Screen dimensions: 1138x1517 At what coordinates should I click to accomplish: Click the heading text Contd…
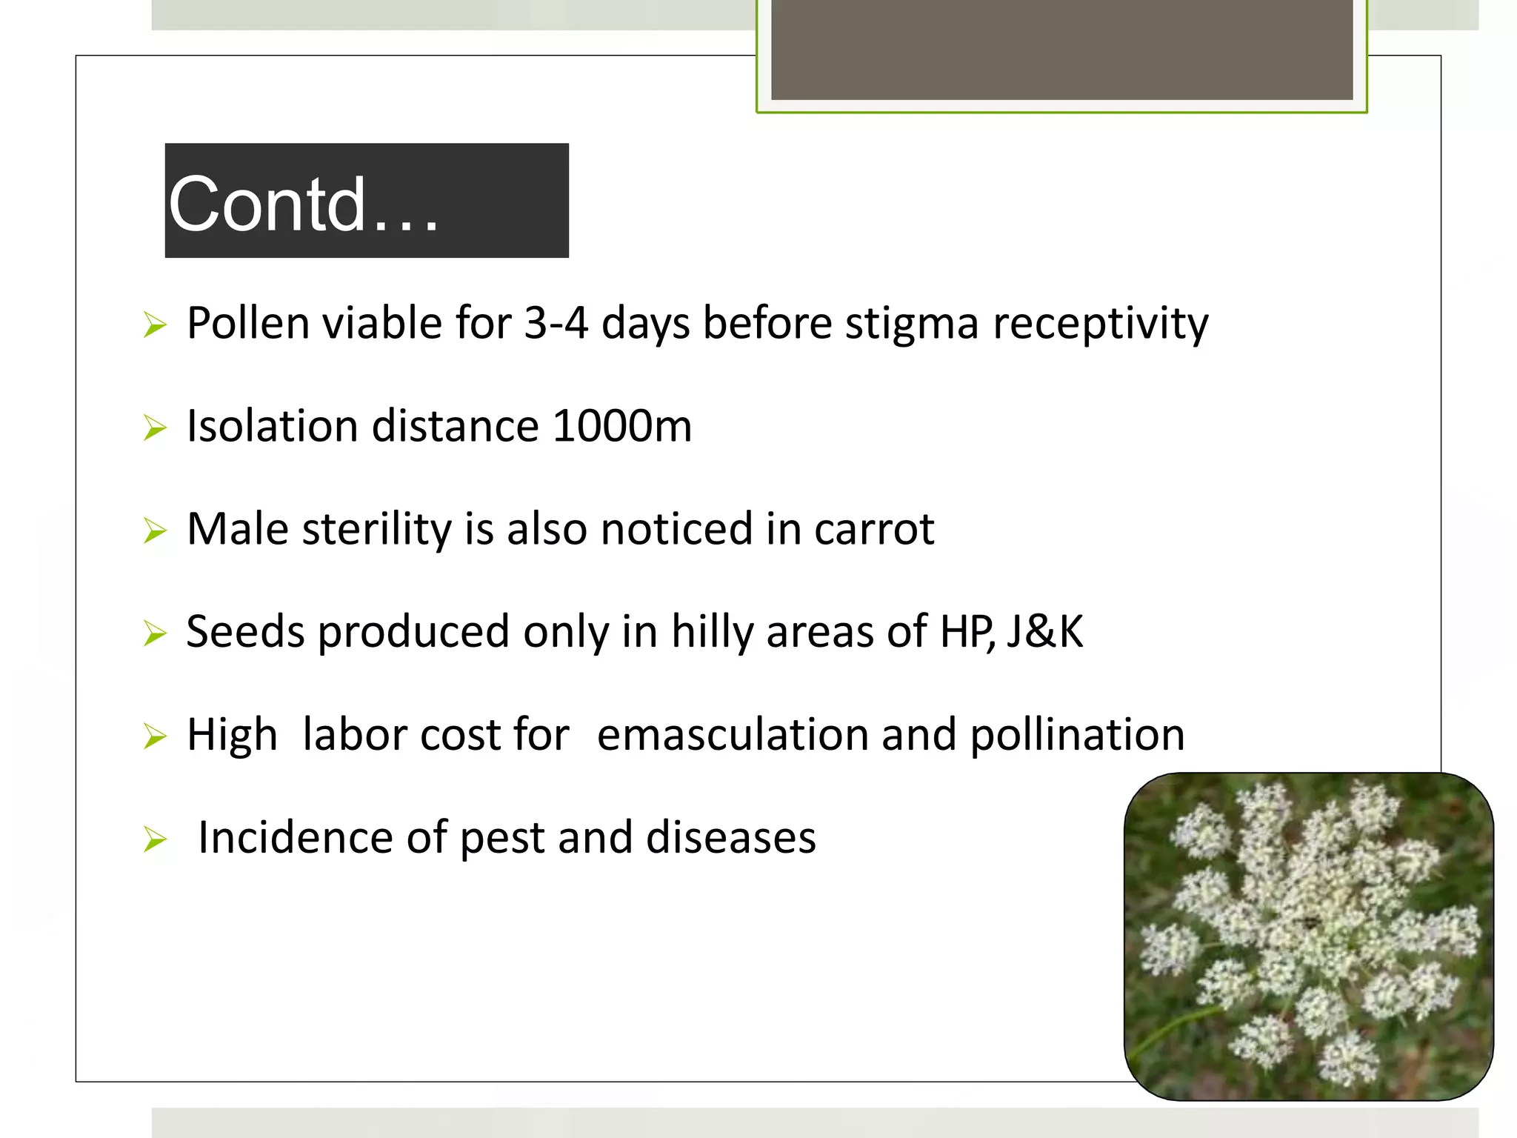[x=304, y=204]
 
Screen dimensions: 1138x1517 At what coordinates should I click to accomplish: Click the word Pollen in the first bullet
[x=247, y=323]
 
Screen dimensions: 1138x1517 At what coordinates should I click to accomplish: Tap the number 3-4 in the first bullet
[x=556, y=323]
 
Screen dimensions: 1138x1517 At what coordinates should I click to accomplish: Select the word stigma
[x=912, y=325]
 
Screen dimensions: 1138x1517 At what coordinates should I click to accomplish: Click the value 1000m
[x=621, y=426]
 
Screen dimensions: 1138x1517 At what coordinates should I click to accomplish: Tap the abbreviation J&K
[x=1044, y=632]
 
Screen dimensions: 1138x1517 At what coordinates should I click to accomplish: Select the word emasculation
[x=733, y=735]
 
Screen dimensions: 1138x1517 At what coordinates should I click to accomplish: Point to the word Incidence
[x=294, y=837]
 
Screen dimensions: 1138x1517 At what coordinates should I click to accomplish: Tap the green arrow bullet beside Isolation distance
[x=155, y=427]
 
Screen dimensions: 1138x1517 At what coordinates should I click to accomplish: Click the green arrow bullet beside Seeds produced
[x=155, y=633]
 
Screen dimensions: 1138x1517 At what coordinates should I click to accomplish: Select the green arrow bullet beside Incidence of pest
[x=155, y=839]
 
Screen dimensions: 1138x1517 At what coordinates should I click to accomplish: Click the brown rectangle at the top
[x=1061, y=49]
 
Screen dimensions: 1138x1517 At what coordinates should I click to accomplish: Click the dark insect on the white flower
[x=1310, y=922]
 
